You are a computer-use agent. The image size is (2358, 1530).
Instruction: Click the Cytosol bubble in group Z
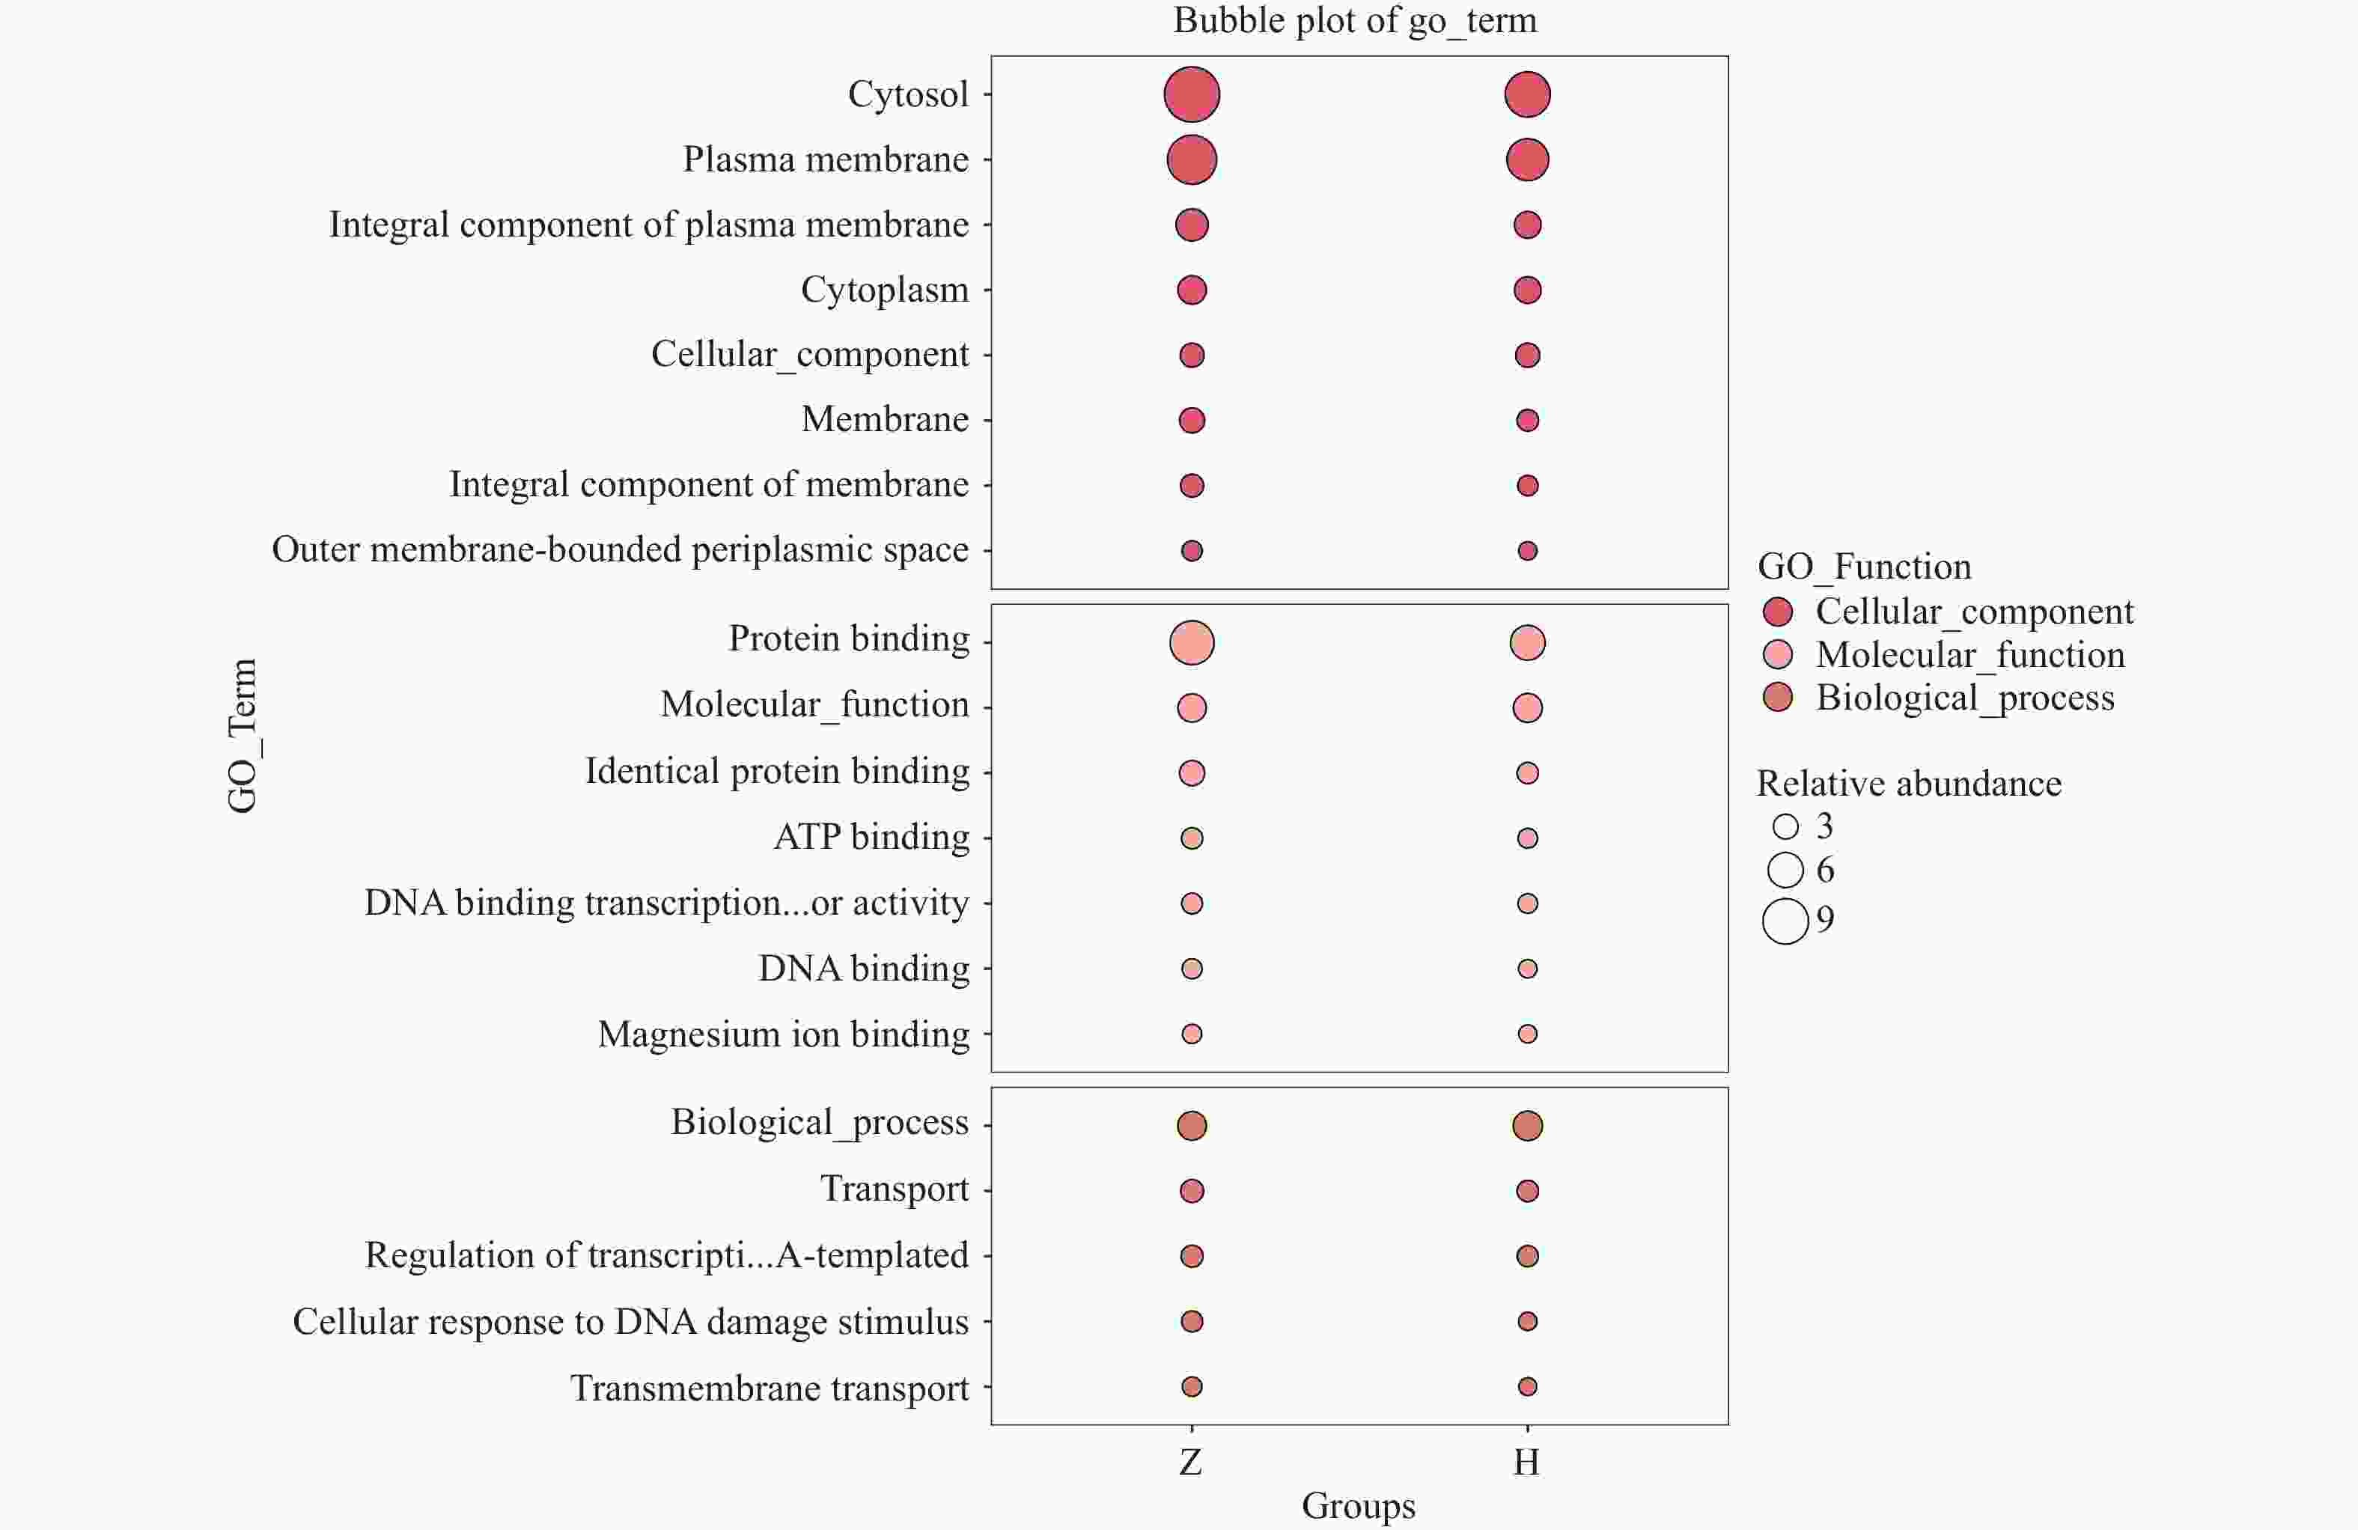(1191, 95)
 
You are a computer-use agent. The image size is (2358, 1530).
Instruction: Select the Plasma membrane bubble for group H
(1527, 159)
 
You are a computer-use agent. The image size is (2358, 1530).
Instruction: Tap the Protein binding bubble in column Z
(1191, 642)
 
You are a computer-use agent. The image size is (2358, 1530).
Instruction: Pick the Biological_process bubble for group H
(1527, 1126)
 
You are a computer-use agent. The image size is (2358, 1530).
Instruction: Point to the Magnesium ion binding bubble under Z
(1191, 1034)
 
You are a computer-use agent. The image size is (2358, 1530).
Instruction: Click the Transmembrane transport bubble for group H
(1527, 1386)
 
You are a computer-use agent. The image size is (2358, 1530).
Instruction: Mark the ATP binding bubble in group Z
(1191, 838)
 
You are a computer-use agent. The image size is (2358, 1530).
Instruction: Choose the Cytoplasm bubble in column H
(1527, 290)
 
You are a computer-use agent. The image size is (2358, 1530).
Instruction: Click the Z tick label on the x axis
(1191, 1462)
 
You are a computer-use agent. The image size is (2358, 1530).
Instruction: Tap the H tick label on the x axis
(1527, 1462)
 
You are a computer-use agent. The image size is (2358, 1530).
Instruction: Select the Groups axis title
(1359, 1505)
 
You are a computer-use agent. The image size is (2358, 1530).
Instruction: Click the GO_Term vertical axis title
(243, 735)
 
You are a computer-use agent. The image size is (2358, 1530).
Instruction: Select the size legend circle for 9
(1785, 921)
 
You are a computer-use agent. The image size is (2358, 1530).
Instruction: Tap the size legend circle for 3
(1785, 826)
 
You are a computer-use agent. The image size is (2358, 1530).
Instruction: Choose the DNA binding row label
(864, 968)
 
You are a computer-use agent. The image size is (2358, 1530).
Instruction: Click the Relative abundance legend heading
(1909, 783)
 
